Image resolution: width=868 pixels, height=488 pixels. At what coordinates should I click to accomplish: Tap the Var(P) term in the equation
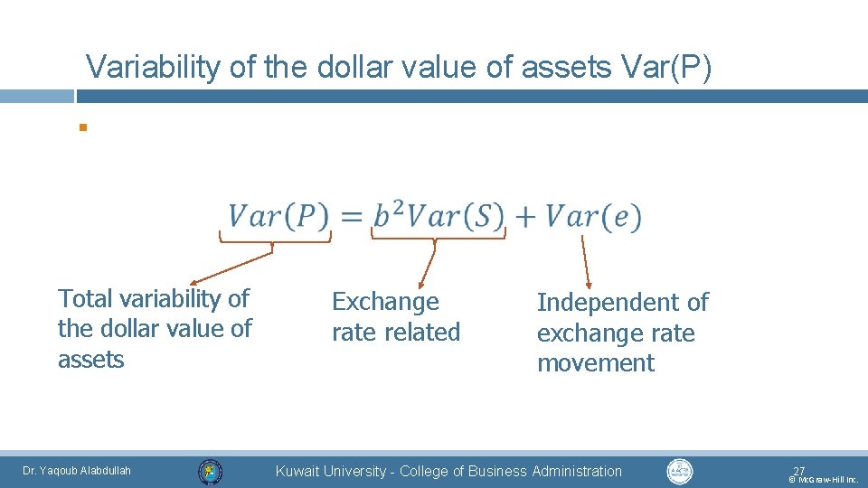[x=278, y=217]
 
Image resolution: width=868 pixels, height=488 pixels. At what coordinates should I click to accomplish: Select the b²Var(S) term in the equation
[x=439, y=217]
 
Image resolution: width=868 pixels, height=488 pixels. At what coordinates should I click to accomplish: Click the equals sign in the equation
[x=353, y=217]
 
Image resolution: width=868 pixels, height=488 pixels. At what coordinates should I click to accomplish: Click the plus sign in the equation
[x=526, y=217]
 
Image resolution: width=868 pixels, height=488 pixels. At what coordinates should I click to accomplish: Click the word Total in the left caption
[x=86, y=298]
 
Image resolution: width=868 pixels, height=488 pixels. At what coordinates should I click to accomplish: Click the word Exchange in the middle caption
[x=385, y=302]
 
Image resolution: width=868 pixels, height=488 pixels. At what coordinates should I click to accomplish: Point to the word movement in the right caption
[x=595, y=363]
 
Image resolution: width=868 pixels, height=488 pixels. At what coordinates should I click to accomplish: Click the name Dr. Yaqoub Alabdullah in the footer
[x=77, y=471]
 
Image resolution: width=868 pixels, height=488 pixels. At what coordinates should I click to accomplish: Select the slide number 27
[x=798, y=471]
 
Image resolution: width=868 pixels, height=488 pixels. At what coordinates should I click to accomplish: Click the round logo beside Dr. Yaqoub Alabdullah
[x=211, y=471]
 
